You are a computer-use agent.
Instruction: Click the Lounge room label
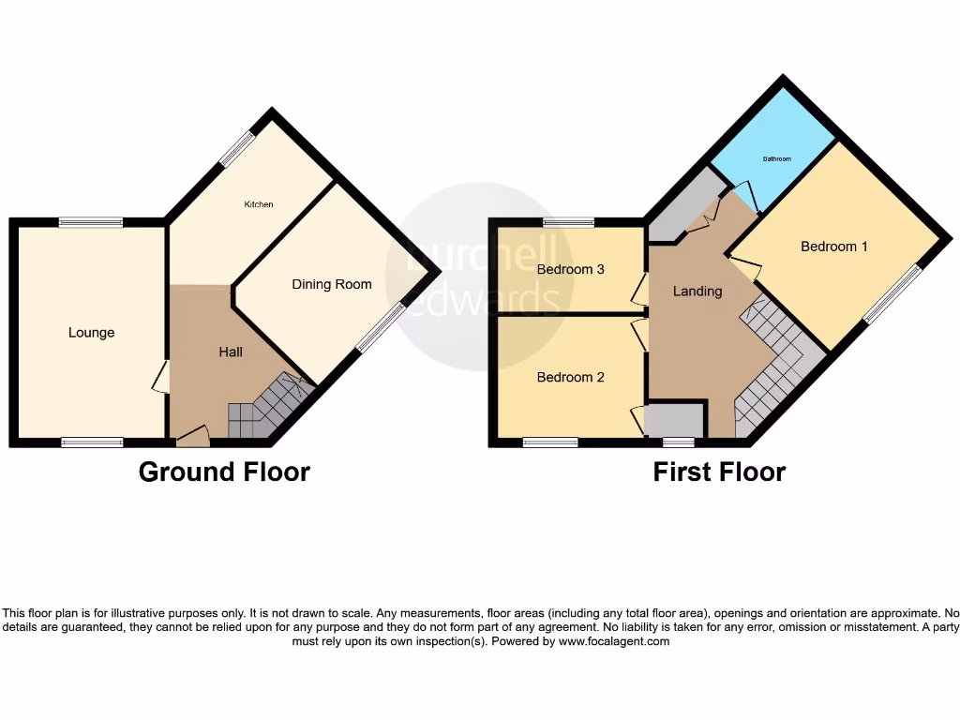pyautogui.click(x=91, y=333)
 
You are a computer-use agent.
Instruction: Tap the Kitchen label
pyautogui.click(x=259, y=204)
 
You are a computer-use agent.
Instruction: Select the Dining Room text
pyautogui.click(x=331, y=284)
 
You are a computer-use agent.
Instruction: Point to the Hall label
pyautogui.click(x=231, y=352)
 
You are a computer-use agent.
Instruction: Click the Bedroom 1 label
pyautogui.click(x=833, y=247)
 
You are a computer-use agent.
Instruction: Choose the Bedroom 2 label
pyautogui.click(x=570, y=377)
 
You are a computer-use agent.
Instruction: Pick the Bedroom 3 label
pyautogui.click(x=570, y=269)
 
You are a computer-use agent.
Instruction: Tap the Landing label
pyautogui.click(x=697, y=291)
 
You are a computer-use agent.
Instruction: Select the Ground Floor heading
pyautogui.click(x=224, y=472)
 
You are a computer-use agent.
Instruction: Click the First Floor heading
pyautogui.click(x=719, y=472)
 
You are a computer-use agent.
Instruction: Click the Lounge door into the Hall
pyautogui.click(x=161, y=378)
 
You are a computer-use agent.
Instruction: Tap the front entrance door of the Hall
pyautogui.click(x=192, y=434)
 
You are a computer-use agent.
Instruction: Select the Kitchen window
pyautogui.click(x=237, y=148)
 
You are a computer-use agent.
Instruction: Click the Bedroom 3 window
pyautogui.click(x=567, y=223)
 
